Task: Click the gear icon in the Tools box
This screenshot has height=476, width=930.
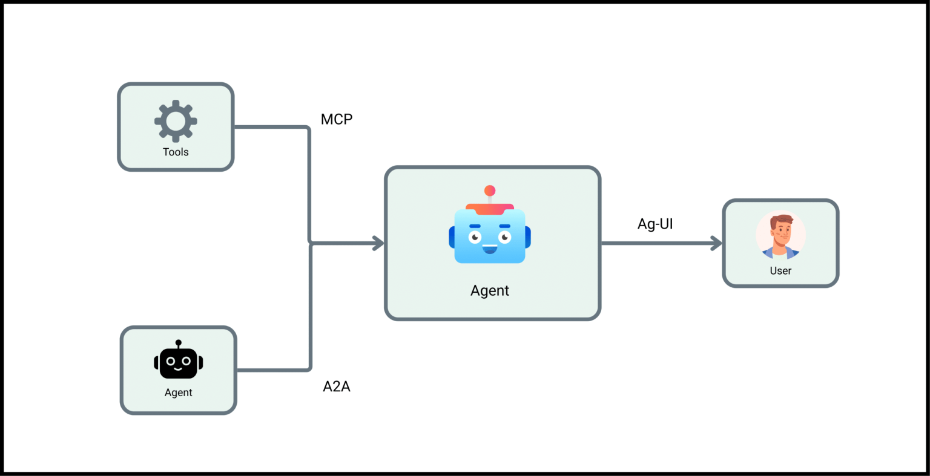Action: pos(176,121)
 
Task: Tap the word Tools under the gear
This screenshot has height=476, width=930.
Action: pos(176,152)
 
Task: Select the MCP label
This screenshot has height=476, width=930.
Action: pos(337,119)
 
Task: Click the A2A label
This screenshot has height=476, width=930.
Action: pos(337,386)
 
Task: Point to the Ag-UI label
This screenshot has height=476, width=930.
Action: pos(655,224)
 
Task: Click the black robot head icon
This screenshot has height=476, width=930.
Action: pos(178,362)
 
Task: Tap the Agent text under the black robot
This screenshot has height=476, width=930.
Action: pos(178,393)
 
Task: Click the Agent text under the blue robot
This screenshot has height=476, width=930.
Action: pos(490,291)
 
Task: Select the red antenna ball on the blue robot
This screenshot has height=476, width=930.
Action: pos(490,191)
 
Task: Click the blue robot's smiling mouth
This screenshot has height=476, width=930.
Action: pos(490,249)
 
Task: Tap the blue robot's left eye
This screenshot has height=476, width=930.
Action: pos(475,236)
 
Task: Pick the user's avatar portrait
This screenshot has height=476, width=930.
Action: pos(780,236)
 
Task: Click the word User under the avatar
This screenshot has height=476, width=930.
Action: pos(780,271)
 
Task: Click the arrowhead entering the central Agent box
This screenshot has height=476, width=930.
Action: pos(379,244)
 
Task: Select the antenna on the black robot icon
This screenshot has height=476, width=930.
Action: pos(178,344)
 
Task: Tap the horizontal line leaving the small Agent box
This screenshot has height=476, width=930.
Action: pos(272,370)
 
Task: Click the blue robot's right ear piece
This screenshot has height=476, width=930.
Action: pos(528,237)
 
